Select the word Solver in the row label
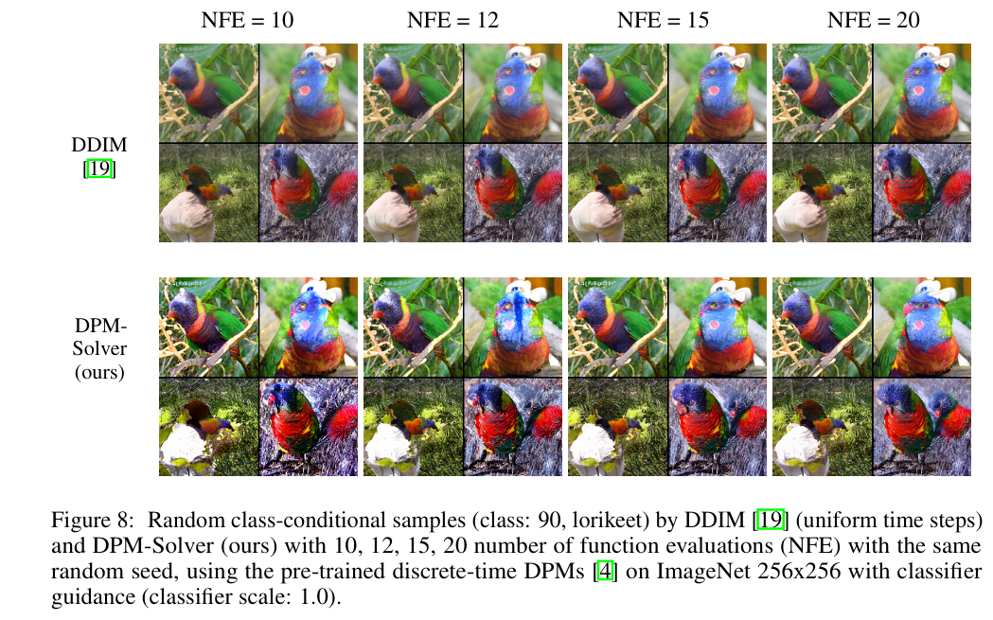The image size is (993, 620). (99, 349)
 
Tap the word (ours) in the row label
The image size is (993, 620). (99, 372)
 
